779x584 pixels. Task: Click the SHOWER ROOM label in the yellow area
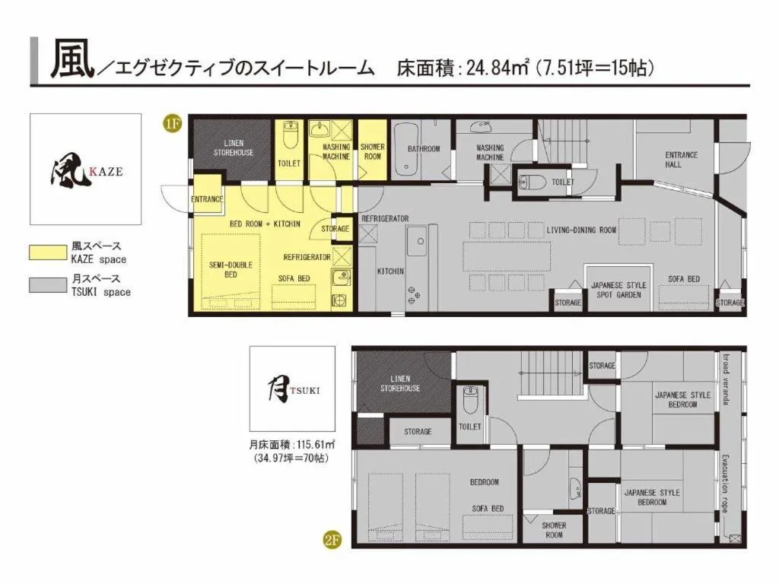373,151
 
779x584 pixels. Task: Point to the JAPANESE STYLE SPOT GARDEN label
618,290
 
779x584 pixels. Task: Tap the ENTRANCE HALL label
681,160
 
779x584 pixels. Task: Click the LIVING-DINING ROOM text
581,230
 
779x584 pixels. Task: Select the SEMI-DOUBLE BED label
231,269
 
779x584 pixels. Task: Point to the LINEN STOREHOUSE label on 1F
234,148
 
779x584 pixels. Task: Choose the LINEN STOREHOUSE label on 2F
400,383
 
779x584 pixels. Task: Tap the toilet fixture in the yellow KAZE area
289,139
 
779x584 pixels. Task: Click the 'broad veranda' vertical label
727,380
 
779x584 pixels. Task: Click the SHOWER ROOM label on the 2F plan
554,530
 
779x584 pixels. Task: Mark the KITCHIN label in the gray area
390,271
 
